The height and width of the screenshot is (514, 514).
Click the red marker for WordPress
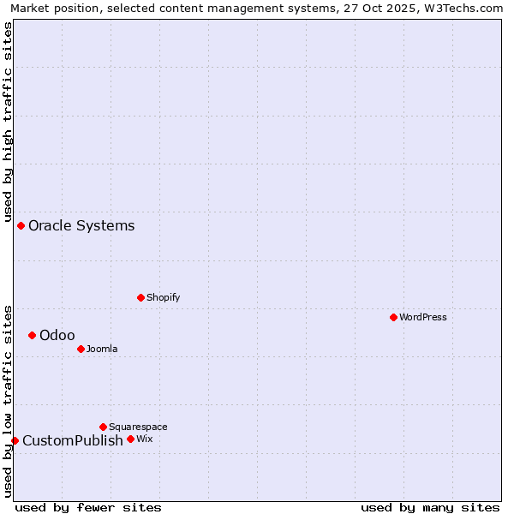point(393,317)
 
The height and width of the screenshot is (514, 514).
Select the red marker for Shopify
point(140,297)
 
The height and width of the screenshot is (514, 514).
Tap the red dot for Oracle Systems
point(21,225)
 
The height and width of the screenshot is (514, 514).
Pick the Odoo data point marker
point(32,335)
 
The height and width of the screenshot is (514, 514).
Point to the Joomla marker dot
point(81,349)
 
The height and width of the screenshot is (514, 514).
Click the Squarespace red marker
point(103,427)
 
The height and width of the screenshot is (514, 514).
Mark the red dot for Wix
point(130,439)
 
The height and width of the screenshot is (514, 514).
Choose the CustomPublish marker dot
point(15,440)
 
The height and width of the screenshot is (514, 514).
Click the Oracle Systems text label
point(81,226)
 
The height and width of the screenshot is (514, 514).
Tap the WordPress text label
point(423,318)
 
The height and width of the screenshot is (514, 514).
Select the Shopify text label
point(163,298)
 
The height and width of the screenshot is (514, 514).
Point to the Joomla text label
point(102,350)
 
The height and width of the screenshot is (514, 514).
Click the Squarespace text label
point(138,427)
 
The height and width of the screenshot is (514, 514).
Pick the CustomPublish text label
point(73,441)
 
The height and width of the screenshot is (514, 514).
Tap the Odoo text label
point(57,336)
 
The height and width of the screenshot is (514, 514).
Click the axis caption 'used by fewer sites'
point(88,508)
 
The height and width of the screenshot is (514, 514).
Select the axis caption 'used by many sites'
point(430,508)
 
